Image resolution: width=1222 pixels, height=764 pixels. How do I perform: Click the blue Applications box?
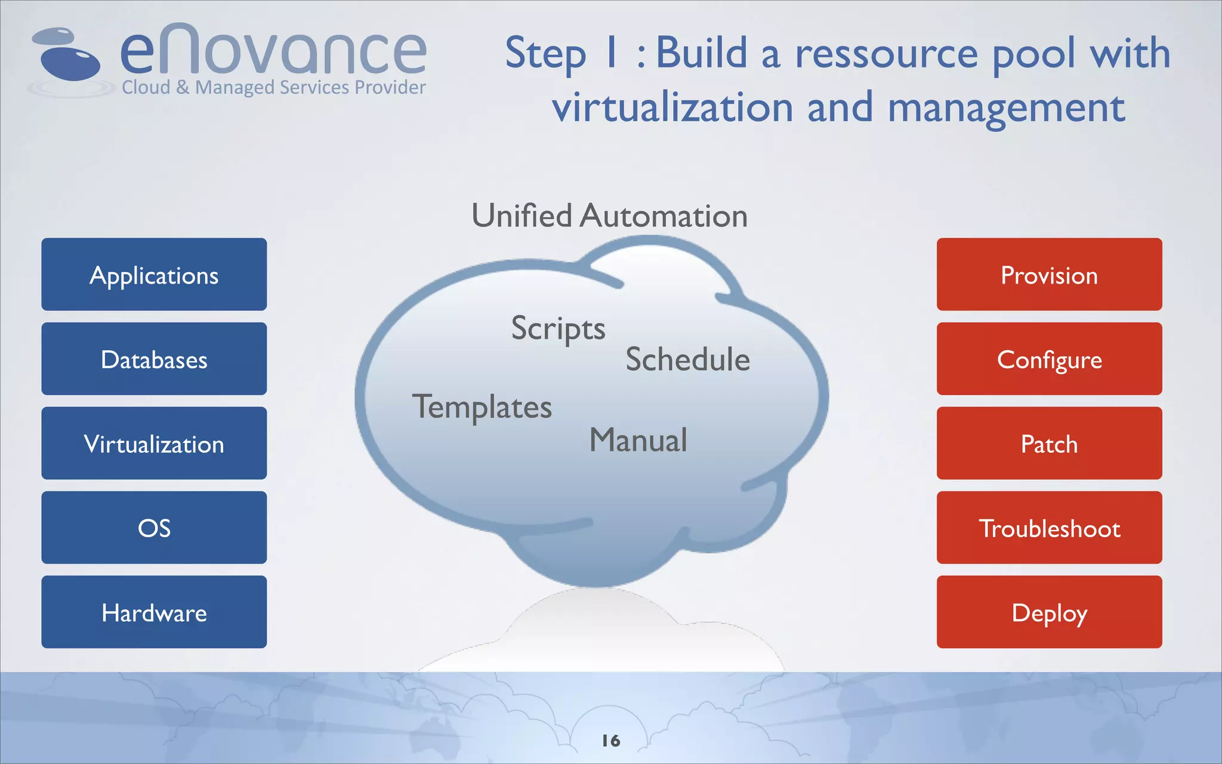pos(154,275)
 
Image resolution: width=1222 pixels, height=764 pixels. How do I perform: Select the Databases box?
pos(154,359)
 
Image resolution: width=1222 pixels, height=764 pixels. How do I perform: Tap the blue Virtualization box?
pos(154,443)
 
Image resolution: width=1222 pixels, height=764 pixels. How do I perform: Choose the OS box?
pos(154,528)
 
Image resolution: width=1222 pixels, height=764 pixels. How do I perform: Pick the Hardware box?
pos(154,612)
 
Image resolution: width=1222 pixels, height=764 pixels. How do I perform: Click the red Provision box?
pos(1049,275)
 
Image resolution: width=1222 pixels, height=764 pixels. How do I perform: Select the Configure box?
pos(1049,359)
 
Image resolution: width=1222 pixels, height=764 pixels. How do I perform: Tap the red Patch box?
pos(1049,443)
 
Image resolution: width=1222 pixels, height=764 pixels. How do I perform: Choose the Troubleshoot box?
pos(1049,528)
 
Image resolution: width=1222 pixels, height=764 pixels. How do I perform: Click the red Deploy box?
pos(1049,612)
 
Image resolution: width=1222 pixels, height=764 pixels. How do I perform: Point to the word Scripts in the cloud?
pos(558,328)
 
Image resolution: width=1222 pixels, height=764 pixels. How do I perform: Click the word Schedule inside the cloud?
pos(687,359)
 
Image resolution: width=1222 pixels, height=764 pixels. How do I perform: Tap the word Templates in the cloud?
pos(482,408)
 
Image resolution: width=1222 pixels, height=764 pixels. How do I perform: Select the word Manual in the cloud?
pos(638,440)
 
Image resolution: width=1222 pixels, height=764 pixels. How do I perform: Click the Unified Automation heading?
pos(609,215)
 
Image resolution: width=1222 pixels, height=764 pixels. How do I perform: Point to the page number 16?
pos(611,741)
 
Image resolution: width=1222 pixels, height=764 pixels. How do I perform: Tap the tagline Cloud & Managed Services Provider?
pos(273,88)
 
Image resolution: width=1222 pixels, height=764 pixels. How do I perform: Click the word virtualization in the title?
pos(672,108)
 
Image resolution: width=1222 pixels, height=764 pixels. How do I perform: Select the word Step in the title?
pos(545,54)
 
